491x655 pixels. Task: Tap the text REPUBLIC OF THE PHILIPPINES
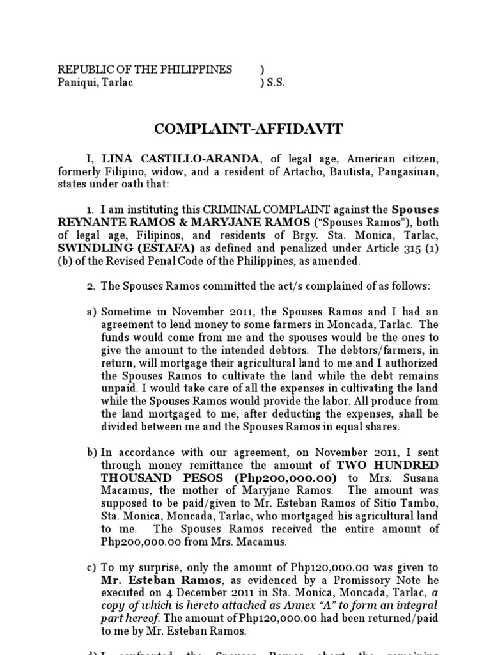(145, 70)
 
